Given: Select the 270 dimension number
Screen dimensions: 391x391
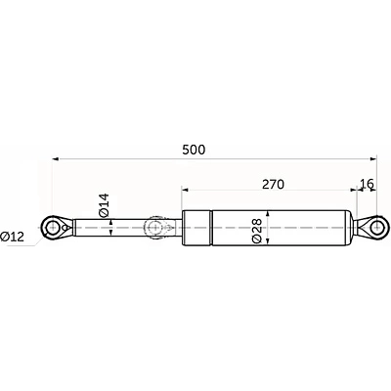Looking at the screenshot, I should point(276,182).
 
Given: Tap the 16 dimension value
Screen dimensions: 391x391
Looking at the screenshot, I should point(367,182).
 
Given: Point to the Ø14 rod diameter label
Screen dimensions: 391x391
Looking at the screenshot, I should point(103,205).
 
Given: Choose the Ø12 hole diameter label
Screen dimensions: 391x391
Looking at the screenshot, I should point(14,237).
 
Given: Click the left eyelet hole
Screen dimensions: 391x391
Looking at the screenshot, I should point(51,228).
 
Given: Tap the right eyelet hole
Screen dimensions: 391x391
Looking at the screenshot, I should point(372,228).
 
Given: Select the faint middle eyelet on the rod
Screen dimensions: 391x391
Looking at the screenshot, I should point(153,228).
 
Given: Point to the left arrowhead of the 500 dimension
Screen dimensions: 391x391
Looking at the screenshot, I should point(57,159).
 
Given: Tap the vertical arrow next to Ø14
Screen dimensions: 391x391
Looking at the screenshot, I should point(113,228).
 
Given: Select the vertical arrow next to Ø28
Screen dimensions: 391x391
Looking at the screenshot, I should point(267,228).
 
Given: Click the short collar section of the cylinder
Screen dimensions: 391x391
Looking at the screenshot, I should point(195,228).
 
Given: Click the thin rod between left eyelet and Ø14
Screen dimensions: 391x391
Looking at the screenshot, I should point(88,228).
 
